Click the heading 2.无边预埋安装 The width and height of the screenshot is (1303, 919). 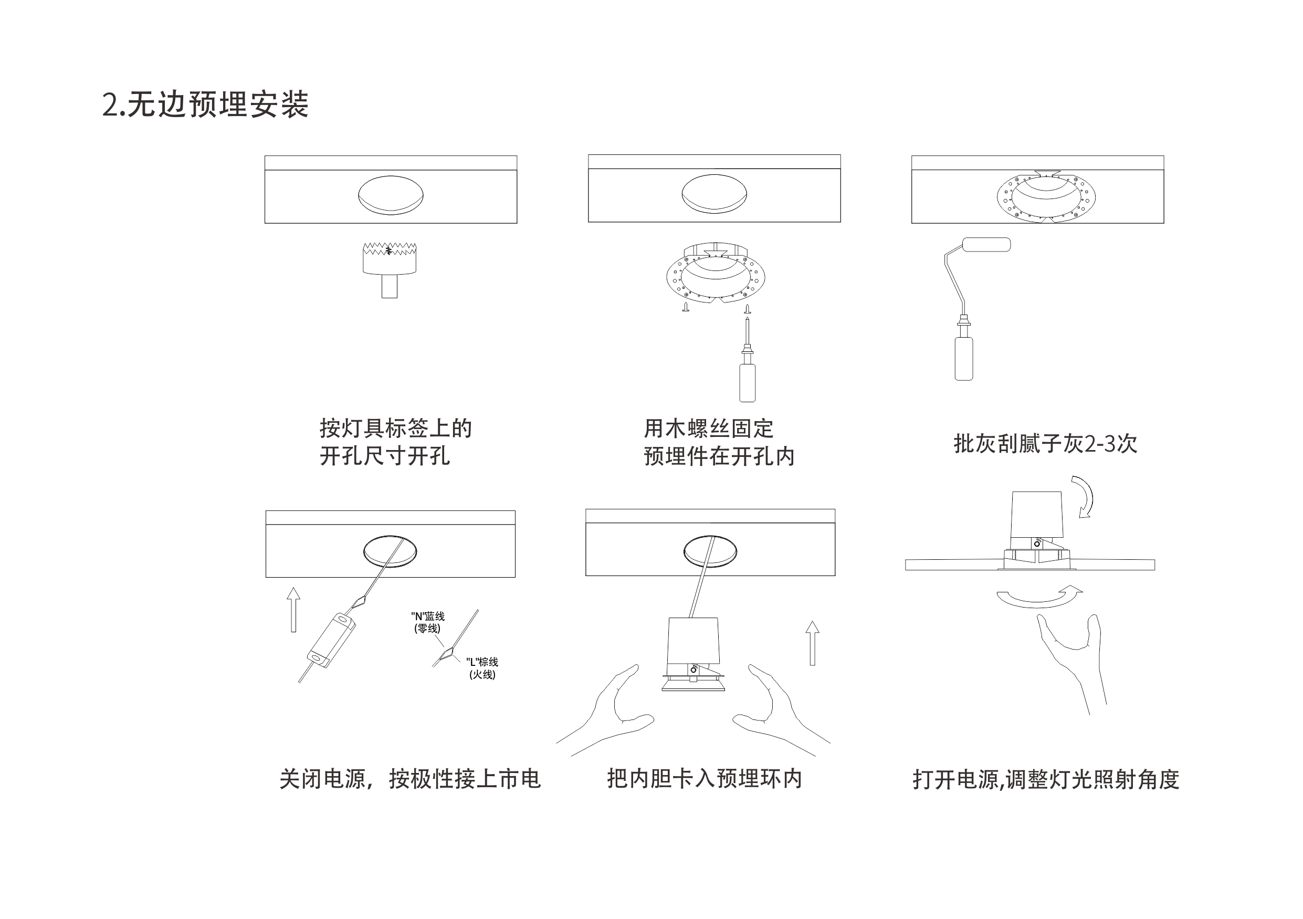(205, 105)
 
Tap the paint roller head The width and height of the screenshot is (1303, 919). (986, 245)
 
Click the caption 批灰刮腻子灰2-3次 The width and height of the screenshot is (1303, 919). (1045, 444)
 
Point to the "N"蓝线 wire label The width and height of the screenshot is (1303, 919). (428, 622)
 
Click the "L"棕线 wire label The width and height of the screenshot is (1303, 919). (482, 668)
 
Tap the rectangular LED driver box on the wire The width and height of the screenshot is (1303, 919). (331, 640)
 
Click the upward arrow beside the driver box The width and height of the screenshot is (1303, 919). (293, 610)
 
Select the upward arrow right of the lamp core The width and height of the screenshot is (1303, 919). (812, 643)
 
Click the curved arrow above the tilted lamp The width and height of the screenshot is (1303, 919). (1084, 497)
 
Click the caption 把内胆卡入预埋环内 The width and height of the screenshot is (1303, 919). (705, 779)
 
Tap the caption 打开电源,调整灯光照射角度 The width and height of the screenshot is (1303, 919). (1045, 780)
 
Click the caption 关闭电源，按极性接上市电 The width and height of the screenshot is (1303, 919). (409, 779)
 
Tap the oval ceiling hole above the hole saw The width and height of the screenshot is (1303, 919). (391, 195)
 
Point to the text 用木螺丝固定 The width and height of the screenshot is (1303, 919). (708, 429)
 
